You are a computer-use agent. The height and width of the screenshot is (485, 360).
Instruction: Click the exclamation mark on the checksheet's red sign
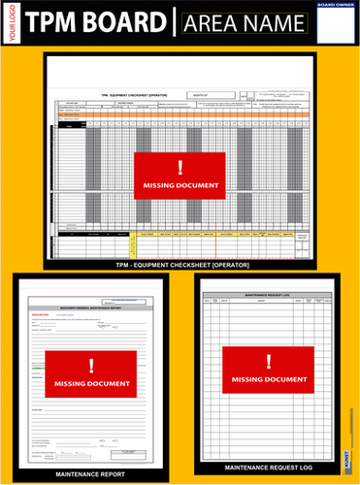tap(180, 166)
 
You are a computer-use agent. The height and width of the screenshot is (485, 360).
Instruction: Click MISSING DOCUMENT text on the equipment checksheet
tap(180, 184)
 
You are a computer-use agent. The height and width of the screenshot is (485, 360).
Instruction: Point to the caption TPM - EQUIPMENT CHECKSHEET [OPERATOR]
tap(180, 264)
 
